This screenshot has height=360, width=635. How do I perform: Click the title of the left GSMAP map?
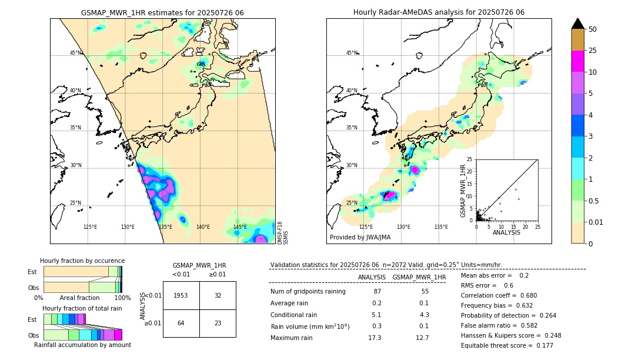click(162, 12)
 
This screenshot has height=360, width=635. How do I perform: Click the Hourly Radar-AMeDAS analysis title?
click(439, 12)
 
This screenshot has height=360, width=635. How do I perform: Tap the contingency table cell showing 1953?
click(181, 295)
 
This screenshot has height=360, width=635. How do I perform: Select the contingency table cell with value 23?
click(218, 323)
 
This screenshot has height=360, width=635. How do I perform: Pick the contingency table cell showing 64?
click(181, 323)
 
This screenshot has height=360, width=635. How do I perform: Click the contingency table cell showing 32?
click(218, 295)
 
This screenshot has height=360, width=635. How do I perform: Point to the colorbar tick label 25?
click(593, 51)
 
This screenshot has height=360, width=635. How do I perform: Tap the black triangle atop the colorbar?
click(578, 24)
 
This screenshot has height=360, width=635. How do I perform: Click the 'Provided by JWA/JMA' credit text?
click(360, 238)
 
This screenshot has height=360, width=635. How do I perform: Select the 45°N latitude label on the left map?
click(75, 53)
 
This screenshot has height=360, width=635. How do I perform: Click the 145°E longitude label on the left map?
click(240, 227)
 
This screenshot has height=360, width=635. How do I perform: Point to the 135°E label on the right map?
click(441, 227)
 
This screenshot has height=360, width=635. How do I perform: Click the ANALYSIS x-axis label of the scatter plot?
click(506, 232)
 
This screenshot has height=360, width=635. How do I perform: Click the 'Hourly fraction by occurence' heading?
click(82, 261)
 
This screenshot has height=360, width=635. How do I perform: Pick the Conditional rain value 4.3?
click(424, 315)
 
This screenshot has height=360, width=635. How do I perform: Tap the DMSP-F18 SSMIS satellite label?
click(283, 232)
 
